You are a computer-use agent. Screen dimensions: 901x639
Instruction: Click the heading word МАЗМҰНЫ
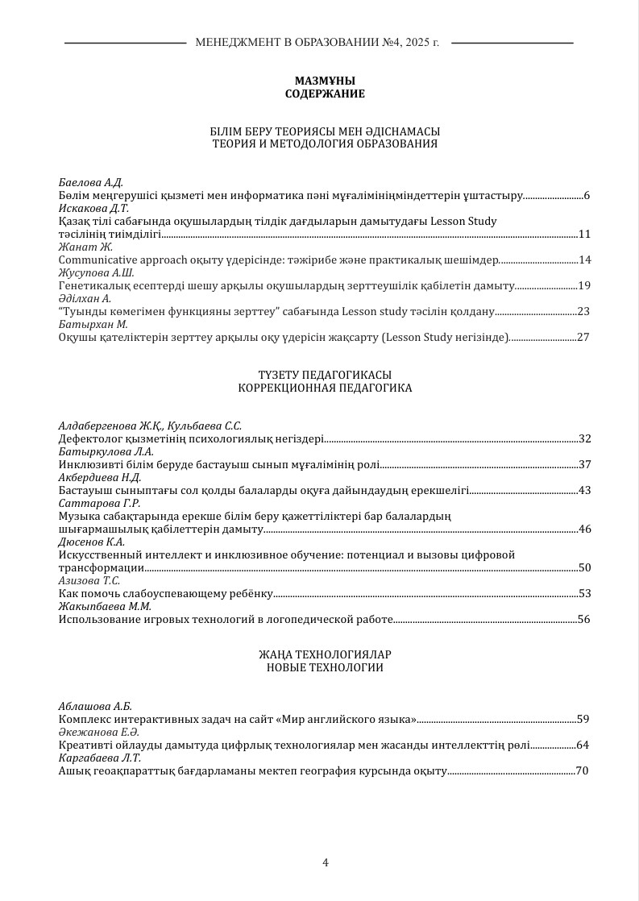tap(325, 81)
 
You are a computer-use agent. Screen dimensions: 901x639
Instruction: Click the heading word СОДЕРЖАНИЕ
tap(325, 93)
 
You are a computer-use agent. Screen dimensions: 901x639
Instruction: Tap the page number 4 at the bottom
tap(325, 862)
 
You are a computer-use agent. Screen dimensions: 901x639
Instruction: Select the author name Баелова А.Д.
tap(90, 182)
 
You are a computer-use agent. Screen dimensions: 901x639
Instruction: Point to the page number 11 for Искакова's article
tap(584, 234)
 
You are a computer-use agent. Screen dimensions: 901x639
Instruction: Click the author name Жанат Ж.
tap(85, 247)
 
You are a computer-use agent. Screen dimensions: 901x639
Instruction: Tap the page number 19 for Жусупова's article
tap(584, 285)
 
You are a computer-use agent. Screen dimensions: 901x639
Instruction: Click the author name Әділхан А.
tap(85, 298)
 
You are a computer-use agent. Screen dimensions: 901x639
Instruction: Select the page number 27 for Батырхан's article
tap(584, 337)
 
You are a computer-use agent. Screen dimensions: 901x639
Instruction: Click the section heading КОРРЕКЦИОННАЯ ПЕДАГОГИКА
tap(325, 388)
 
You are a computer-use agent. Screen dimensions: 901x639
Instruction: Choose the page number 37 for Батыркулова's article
tap(585, 464)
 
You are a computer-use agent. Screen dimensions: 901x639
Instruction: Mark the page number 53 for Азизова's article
tap(585, 593)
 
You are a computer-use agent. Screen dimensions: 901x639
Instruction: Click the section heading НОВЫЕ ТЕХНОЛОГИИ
tap(325, 667)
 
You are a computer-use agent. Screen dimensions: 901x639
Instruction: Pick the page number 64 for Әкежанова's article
tap(583, 745)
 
